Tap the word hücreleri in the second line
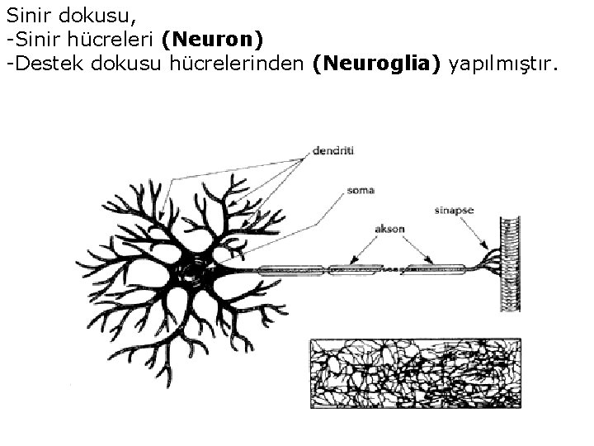(120, 40)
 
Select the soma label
(361, 191)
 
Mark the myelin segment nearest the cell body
(292, 269)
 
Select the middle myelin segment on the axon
(356, 268)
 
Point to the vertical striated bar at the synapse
(507, 264)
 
